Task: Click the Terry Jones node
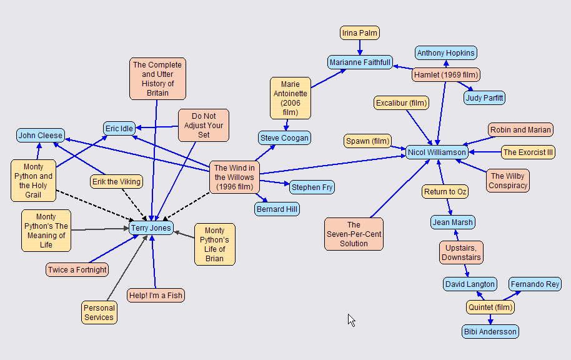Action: point(151,228)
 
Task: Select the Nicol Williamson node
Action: point(437,152)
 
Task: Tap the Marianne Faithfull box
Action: point(360,62)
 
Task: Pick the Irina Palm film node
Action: point(360,32)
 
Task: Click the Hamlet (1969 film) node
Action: point(446,75)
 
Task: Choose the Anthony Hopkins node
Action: point(446,53)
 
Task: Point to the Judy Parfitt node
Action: point(485,97)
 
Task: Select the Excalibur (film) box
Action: point(402,102)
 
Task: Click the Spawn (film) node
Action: point(367,141)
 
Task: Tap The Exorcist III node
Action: point(528,152)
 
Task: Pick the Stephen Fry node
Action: point(312,187)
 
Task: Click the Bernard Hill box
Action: point(277,209)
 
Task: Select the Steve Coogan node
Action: point(284,137)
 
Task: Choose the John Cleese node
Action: point(41,135)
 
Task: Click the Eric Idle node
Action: point(119,129)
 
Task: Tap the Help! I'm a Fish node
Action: point(156,295)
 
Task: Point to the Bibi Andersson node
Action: point(490,331)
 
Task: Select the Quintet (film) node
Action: point(490,307)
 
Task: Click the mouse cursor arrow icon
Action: point(351,319)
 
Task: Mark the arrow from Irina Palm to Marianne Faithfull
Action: point(360,47)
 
